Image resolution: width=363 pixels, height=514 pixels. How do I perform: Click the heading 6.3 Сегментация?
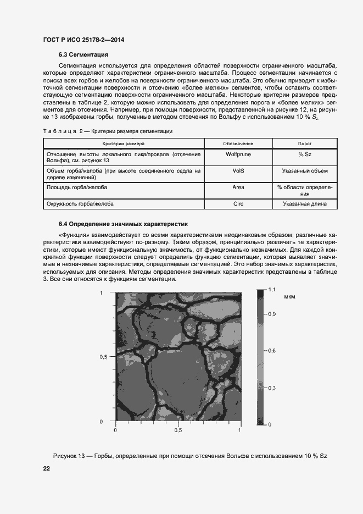[83, 54]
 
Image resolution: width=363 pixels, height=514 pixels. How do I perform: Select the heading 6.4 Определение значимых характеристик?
[123, 224]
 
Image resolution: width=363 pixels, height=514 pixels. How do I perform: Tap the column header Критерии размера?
[123, 143]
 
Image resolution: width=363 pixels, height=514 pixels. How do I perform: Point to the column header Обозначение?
[238, 143]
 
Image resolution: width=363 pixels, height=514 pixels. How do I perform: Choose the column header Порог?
[305, 143]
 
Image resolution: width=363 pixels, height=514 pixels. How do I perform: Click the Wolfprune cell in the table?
[238, 154]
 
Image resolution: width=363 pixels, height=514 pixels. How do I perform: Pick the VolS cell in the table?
[238, 171]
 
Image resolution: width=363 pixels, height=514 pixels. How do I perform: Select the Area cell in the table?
[238, 187]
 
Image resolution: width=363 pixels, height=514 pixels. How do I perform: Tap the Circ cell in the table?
[238, 204]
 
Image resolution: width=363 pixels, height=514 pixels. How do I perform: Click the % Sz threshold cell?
[305, 154]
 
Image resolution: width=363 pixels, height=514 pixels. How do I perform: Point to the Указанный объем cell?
[305, 171]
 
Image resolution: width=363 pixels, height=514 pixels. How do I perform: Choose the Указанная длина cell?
[305, 204]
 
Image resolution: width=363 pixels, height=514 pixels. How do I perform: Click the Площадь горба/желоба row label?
[77, 187]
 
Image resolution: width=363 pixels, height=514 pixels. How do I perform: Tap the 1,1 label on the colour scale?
[271, 289]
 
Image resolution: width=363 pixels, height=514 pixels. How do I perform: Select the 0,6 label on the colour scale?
[271, 350]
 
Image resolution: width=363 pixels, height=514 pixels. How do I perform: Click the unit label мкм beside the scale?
[290, 297]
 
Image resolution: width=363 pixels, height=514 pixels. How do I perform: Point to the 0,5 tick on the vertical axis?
[103, 357]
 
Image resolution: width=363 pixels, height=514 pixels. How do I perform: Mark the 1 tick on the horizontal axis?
[240, 430]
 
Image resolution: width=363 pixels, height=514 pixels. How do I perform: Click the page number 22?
[47, 468]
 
